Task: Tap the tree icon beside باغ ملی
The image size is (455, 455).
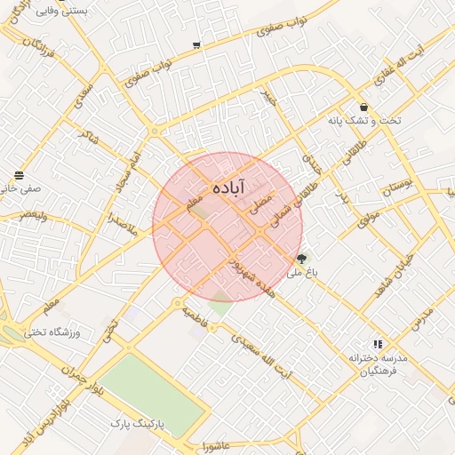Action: [x=303, y=259]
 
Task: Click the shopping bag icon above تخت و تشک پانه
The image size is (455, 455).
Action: [x=364, y=107]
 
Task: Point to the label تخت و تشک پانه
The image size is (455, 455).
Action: [x=364, y=120]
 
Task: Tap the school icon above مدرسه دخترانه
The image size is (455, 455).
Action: [x=379, y=343]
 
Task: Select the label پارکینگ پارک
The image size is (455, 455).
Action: [x=138, y=425]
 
